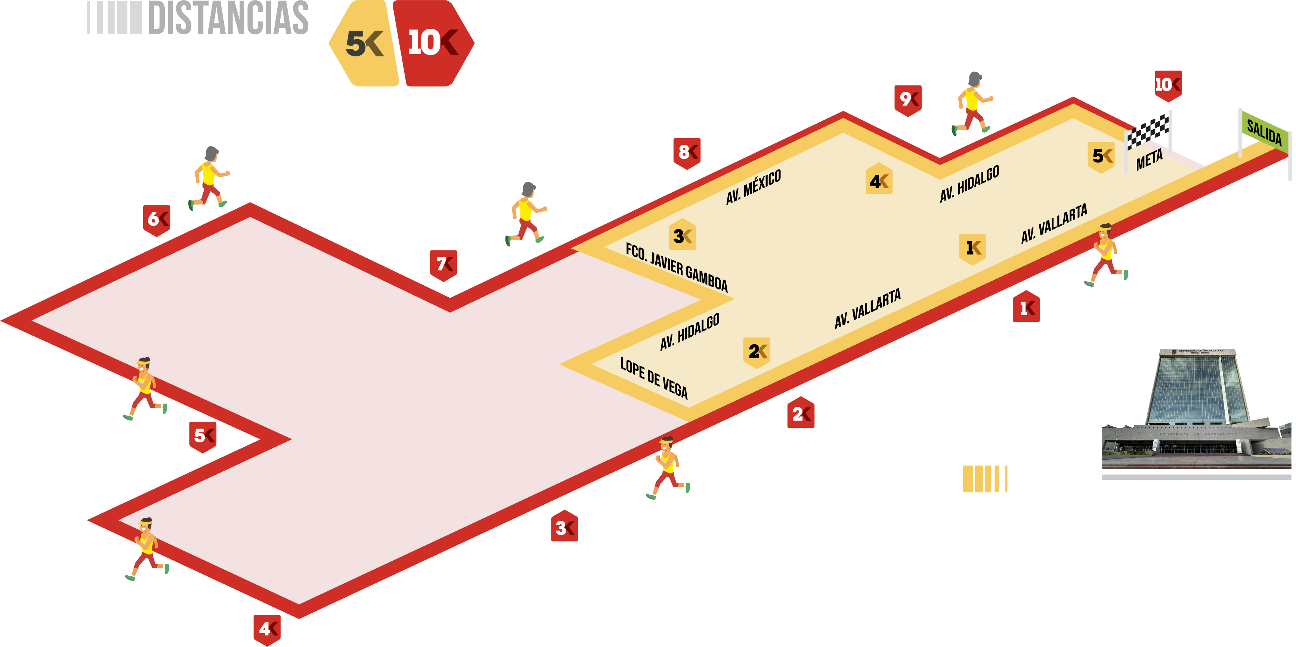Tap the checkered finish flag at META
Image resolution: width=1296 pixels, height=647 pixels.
tap(1148, 132)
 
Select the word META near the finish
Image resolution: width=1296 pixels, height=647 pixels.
tap(1149, 160)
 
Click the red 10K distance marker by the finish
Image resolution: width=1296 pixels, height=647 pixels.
tap(1168, 86)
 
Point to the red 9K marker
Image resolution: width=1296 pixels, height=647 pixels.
tap(907, 100)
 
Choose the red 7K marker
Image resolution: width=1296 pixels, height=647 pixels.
tap(443, 265)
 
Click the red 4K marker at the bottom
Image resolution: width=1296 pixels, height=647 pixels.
tap(267, 630)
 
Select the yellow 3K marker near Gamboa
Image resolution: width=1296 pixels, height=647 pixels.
tap(682, 235)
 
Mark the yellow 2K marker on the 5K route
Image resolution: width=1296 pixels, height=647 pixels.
tap(757, 352)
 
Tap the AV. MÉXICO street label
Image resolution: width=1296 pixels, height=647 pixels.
tap(753, 187)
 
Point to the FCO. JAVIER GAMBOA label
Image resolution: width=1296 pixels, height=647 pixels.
tap(677, 267)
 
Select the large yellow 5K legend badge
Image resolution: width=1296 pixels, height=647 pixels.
tap(364, 43)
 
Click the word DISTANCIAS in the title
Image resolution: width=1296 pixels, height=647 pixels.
tap(228, 18)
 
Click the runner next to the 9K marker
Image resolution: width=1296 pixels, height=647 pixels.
tap(972, 103)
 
